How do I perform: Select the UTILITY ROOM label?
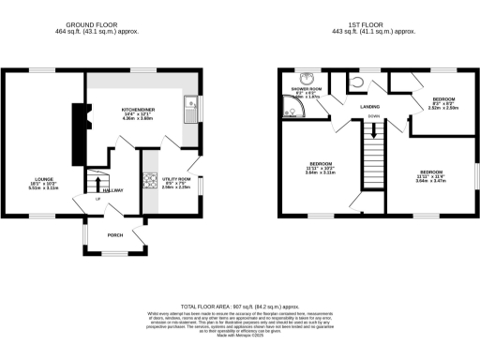coord(176,178)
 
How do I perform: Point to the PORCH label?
coord(115,234)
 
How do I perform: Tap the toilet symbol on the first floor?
coord(365,82)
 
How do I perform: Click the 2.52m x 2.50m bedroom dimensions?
coord(443,108)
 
